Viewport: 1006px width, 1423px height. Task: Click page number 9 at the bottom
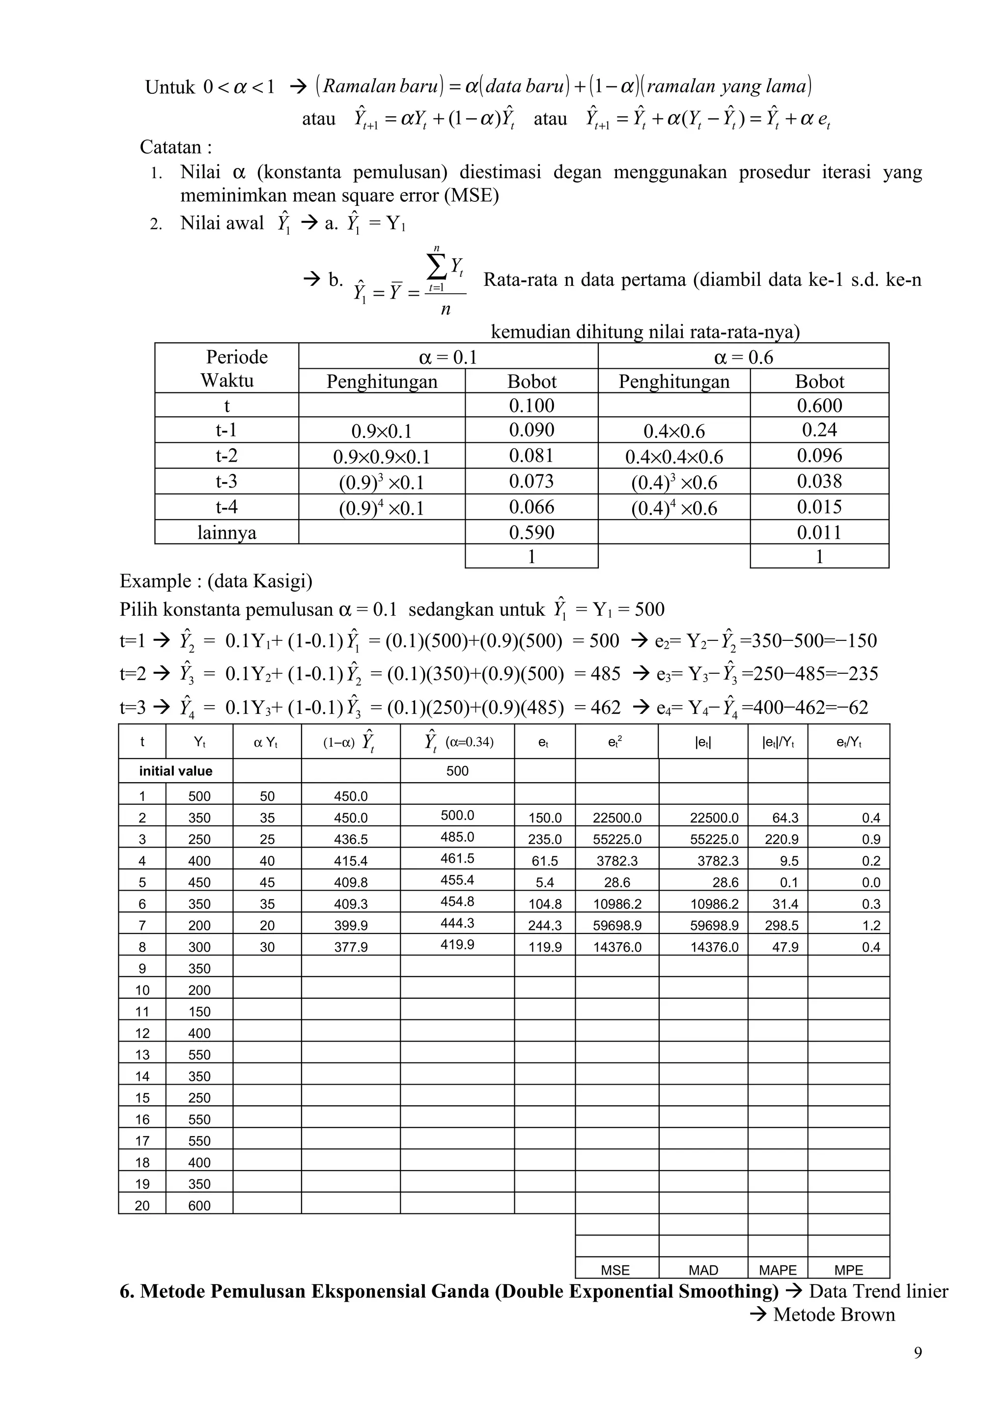pyautogui.click(x=918, y=1352)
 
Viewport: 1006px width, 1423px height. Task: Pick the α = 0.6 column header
pyautogui.click(x=743, y=357)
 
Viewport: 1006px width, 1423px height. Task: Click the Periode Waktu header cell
pyautogui.click(x=227, y=368)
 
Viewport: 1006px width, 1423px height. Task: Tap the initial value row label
pyautogui.click(x=175, y=771)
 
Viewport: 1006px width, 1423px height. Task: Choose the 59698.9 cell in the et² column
pyautogui.click(x=617, y=925)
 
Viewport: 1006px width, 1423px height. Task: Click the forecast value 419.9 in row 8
pyautogui.click(x=457, y=945)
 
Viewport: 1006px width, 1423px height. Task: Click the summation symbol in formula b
pyautogui.click(x=437, y=268)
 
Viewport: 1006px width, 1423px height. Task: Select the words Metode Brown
pyautogui.click(x=834, y=1314)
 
